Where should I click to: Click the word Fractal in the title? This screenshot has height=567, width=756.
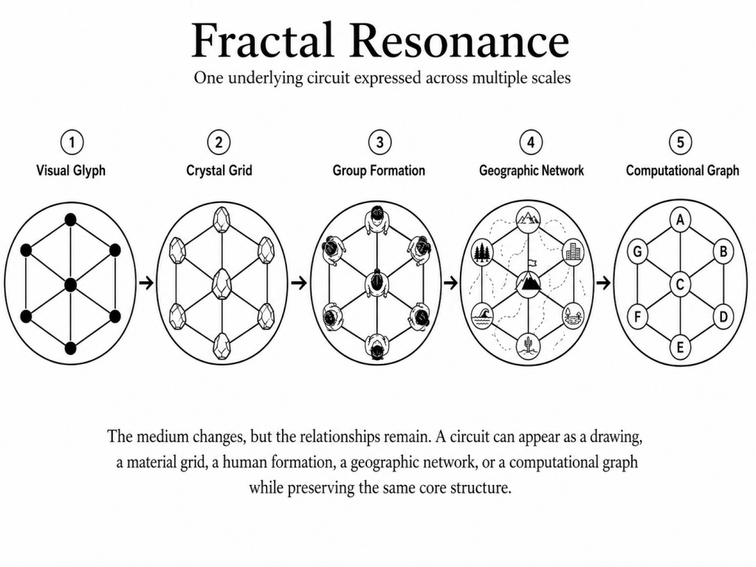tap(264, 41)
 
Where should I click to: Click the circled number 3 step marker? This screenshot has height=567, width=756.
tap(380, 142)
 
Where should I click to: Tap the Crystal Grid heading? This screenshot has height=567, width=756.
tap(219, 171)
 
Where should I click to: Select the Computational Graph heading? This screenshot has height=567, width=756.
tap(682, 171)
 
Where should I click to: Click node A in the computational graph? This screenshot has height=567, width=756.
tap(680, 220)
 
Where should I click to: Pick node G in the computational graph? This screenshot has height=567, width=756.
tap(637, 252)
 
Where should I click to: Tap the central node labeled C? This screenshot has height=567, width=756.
tap(680, 284)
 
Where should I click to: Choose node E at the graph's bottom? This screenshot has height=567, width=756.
tap(680, 347)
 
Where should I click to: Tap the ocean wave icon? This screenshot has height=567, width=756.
tap(482, 316)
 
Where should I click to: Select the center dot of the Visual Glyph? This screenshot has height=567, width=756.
tap(70, 284)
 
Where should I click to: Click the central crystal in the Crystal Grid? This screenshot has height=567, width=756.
tap(221, 284)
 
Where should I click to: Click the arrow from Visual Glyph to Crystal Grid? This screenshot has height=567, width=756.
tap(146, 283)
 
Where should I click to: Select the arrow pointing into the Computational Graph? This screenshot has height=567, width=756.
tap(603, 283)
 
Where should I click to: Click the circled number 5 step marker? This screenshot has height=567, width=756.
tap(680, 142)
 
